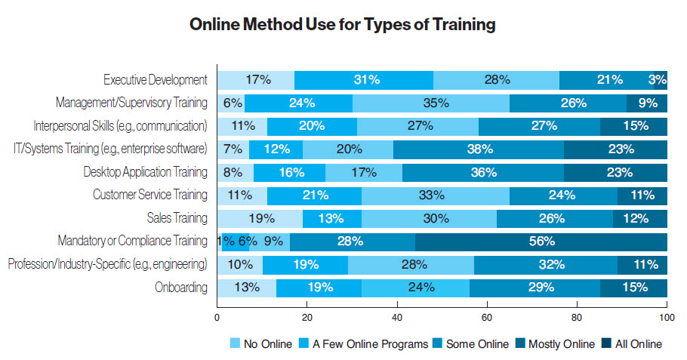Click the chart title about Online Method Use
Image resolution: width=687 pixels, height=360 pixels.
tap(343, 25)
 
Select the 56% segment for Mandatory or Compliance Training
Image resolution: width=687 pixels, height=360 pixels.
tap(541, 242)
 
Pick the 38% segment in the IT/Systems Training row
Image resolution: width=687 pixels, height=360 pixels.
tap(478, 149)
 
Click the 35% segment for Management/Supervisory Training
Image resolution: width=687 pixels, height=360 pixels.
tap(430, 103)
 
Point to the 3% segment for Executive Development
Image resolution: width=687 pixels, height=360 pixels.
tap(659, 79)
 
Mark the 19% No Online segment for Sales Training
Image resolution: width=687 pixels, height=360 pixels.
tap(260, 218)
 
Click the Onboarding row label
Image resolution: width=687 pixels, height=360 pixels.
tap(180, 288)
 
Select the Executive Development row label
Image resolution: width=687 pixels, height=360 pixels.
tap(155, 79)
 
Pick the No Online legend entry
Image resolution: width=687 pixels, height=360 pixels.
tap(260, 343)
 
